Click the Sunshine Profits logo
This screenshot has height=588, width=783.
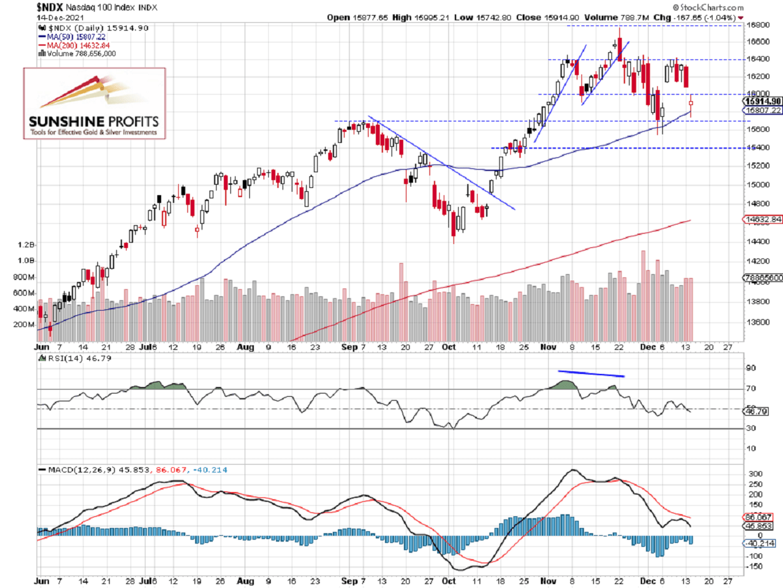point(95,102)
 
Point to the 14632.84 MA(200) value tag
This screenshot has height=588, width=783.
point(762,219)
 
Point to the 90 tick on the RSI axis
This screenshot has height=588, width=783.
point(751,368)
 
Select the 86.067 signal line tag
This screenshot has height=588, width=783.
point(761,516)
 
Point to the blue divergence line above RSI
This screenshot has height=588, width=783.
point(591,374)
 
